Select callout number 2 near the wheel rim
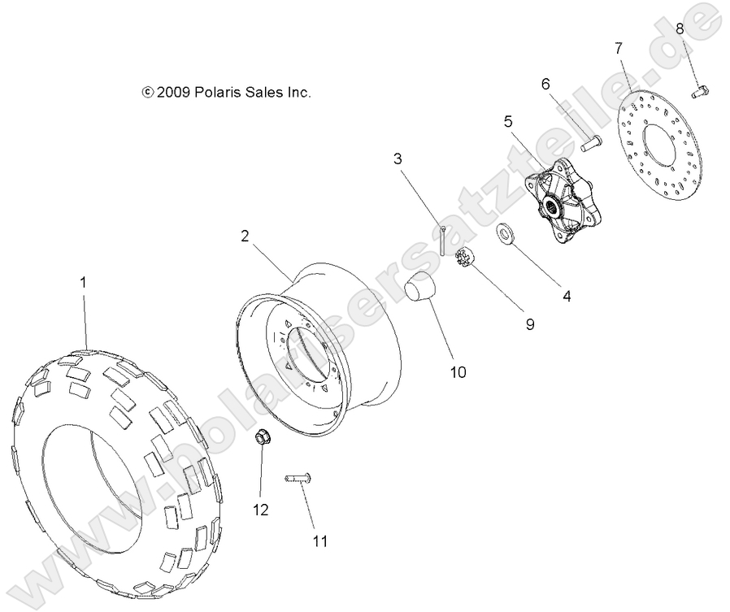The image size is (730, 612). [x=245, y=236]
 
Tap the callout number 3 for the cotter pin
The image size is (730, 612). [x=398, y=158]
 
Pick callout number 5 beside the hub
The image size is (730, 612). [x=508, y=122]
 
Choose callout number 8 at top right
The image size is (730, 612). [x=680, y=28]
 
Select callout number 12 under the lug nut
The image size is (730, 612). [x=260, y=510]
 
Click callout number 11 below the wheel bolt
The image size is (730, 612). [x=320, y=540]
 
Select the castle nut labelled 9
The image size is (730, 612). [x=466, y=260]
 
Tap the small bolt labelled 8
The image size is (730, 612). [x=701, y=92]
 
